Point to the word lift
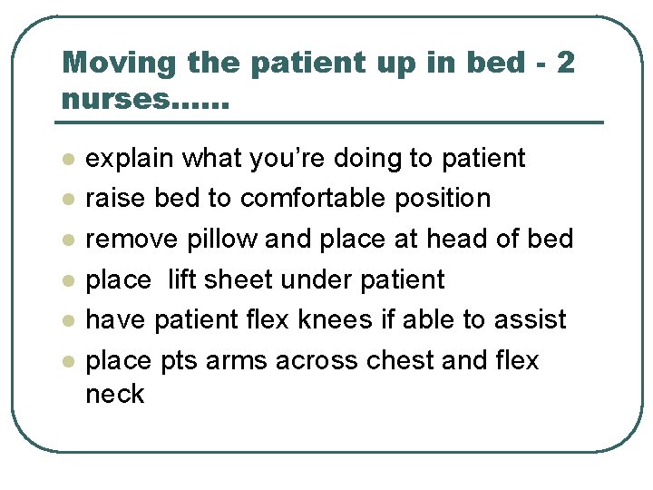(182, 279)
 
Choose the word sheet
(238, 279)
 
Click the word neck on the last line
(114, 394)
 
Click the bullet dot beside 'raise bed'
(66, 200)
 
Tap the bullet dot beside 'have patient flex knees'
(66, 320)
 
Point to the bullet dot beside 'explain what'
(66, 160)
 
